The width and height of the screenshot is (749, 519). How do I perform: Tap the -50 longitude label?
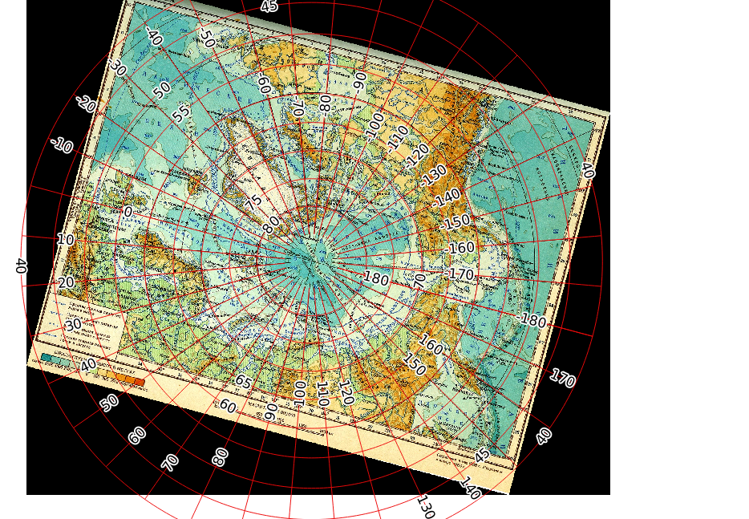pyautogui.click(x=207, y=38)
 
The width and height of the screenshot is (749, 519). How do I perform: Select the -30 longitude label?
pyautogui.click(x=117, y=67)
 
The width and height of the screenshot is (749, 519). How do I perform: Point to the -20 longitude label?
pyautogui.click(x=86, y=104)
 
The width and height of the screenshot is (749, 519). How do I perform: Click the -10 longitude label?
pyautogui.click(x=62, y=146)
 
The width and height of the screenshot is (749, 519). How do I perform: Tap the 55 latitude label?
pyautogui.click(x=182, y=112)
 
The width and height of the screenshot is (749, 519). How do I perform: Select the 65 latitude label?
pyautogui.click(x=243, y=381)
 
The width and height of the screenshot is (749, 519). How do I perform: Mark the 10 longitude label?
pyautogui.click(x=65, y=240)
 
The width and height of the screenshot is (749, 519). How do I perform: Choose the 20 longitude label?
pyautogui.click(x=66, y=282)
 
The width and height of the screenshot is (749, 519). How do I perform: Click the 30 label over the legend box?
pyautogui.click(x=73, y=325)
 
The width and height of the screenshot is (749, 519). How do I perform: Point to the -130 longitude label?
pyautogui.click(x=435, y=173)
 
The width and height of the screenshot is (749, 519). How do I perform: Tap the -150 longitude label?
pyautogui.click(x=457, y=221)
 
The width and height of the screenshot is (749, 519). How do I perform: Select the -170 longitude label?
pyautogui.click(x=461, y=274)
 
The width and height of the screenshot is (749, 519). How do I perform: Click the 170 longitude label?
pyautogui.click(x=562, y=378)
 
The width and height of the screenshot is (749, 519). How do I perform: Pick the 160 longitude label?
pyautogui.click(x=431, y=346)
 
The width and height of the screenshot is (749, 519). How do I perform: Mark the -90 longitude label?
pyautogui.click(x=359, y=79)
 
